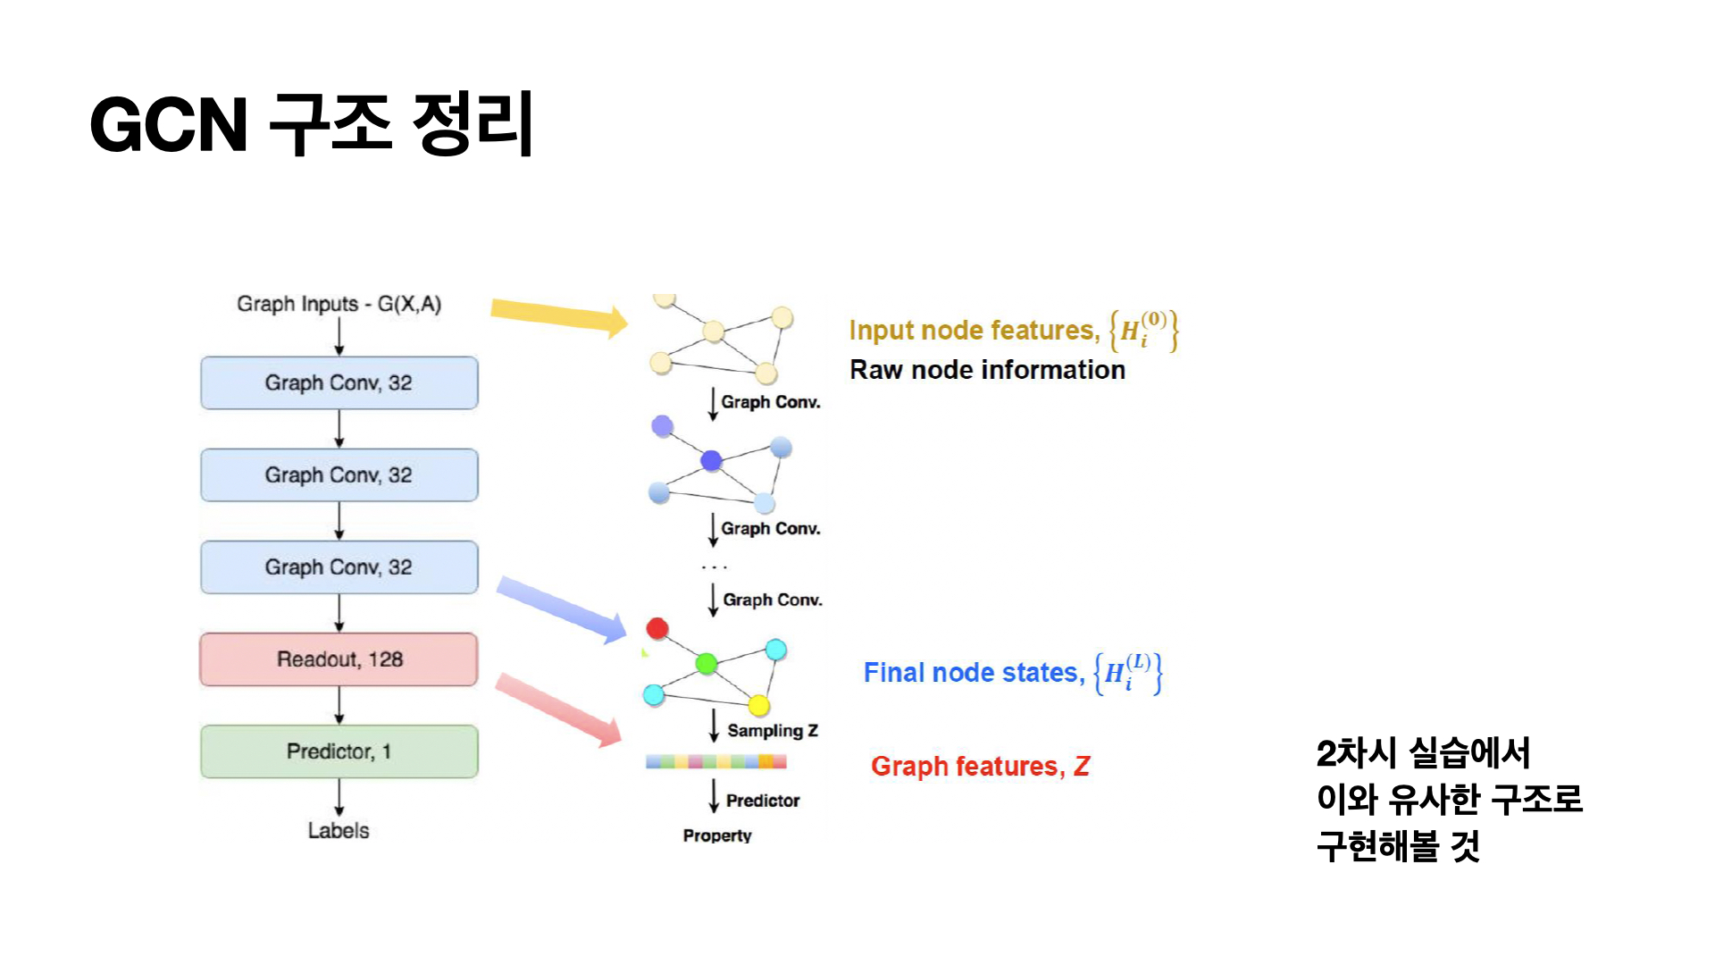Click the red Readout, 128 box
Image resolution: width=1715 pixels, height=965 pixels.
point(339,659)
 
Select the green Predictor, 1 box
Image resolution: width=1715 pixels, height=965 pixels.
point(339,751)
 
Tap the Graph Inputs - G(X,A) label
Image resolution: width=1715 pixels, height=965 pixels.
point(339,304)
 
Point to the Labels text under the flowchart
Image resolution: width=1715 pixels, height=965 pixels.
point(339,830)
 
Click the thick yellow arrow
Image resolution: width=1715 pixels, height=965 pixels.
point(559,316)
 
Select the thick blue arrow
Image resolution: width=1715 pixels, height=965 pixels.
point(562,609)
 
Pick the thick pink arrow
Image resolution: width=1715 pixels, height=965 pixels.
point(559,709)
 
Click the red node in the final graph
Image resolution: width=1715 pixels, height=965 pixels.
point(657,628)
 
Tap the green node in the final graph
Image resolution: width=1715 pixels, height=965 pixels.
point(707,663)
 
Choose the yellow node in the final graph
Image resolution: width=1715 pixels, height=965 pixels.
point(759,706)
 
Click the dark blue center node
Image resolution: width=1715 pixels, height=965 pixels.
point(711,460)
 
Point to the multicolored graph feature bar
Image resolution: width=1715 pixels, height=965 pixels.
point(716,761)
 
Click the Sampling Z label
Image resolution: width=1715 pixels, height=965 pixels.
point(773,731)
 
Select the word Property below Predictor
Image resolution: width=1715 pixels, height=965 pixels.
point(717,835)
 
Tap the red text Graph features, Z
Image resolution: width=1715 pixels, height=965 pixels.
point(980,767)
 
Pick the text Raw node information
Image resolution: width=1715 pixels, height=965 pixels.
point(987,370)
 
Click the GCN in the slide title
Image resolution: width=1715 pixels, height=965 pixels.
point(169,124)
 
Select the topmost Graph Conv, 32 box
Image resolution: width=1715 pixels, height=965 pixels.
point(339,383)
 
